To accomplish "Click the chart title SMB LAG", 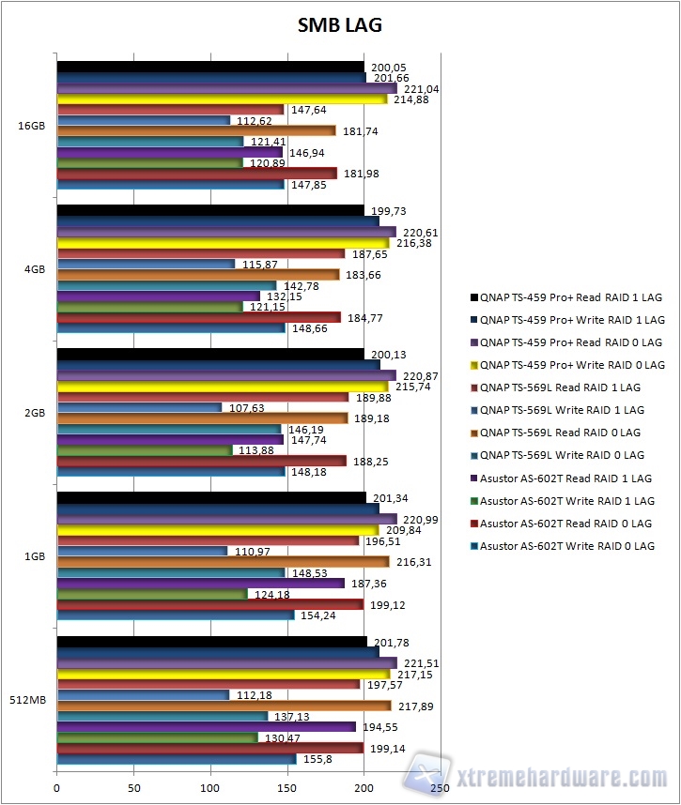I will point(340,25).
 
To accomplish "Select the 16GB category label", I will point(29,125).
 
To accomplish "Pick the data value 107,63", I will point(243,408).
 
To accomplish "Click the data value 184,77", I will point(363,318).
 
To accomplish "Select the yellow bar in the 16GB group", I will point(222,99).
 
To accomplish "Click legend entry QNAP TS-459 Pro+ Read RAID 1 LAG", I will point(570,297).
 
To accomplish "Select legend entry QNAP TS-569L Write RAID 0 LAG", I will point(562,455).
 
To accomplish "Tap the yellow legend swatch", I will point(473,365).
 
